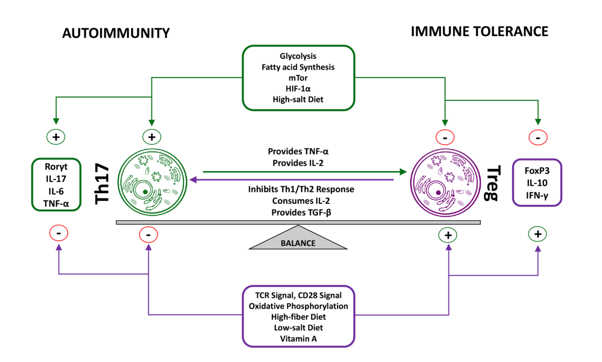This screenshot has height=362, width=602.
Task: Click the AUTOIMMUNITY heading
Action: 115,33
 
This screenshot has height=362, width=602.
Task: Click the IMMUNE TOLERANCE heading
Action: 479,32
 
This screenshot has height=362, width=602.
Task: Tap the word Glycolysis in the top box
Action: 298,56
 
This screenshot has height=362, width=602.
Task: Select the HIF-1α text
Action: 298,88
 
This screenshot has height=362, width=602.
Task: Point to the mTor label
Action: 298,78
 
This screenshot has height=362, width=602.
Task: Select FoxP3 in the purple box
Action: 537,171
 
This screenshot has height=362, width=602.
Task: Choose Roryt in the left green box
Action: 55,167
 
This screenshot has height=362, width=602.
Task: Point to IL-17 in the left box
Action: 55,179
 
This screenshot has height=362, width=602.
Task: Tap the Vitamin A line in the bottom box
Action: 298,338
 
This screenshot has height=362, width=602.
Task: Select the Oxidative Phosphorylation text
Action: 298,306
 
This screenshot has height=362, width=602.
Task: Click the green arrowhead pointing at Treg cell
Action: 403,171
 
